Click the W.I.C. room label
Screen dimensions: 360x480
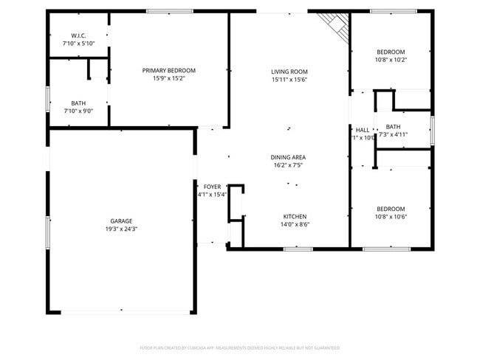[x=78, y=35]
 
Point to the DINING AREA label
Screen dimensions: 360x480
[x=289, y=157]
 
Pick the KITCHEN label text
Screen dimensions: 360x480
[x=295, y=216]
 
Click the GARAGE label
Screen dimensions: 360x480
[x=121, y=221]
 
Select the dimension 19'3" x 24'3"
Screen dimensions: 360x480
[x=121, y=229]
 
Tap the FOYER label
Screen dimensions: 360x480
[x=213, y=187]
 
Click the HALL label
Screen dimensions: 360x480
[x=363, y=130]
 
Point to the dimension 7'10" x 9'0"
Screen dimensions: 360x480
[x=78, y=111]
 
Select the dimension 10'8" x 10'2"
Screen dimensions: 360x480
[x=391, y=60]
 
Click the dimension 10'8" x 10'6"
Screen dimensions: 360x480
[x=391, y=217]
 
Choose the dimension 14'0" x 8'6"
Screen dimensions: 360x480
[x=295, y=224]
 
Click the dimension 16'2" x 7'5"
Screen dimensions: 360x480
[x=289, y=165]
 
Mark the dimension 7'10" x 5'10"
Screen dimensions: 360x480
[x=78, y=44]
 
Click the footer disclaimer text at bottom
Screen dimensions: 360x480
[x=240, y=347]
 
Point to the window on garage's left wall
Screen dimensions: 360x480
[x=49, y=232]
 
